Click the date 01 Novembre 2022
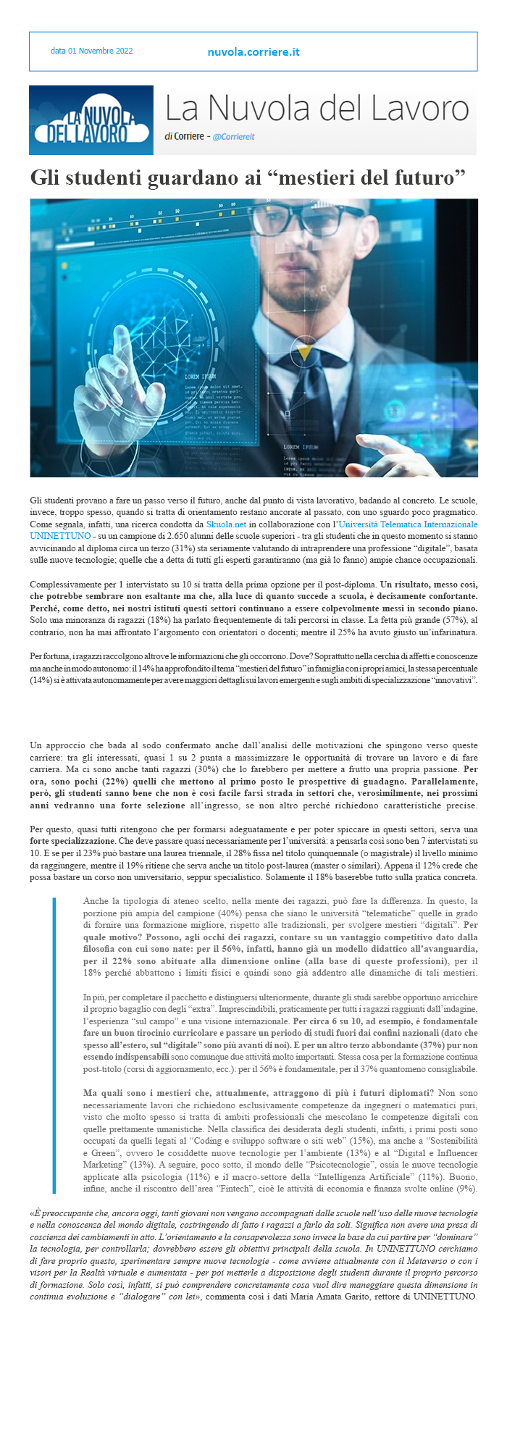91,51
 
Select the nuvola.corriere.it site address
253,51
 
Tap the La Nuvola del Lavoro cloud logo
91,120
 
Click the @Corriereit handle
234,136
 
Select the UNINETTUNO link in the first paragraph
60,535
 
